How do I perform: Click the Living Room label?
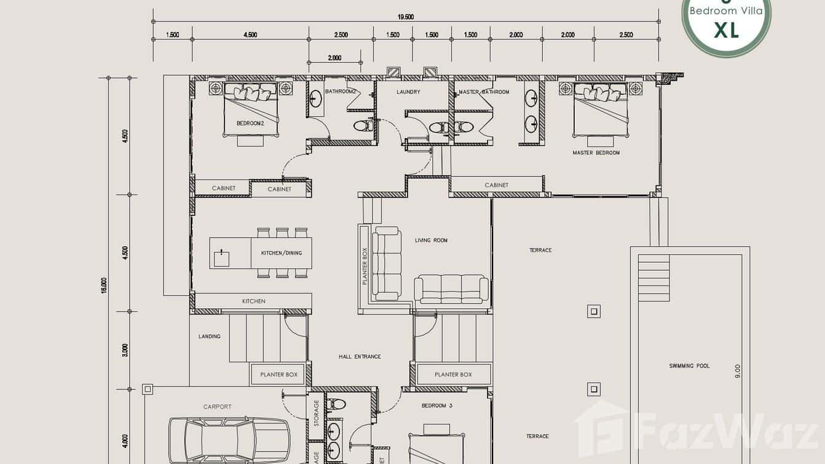(x=431, y=240)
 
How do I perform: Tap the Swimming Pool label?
(x=689, y=366)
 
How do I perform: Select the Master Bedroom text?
(x=596, y=153)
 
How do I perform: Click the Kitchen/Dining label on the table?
(x=282, y=253)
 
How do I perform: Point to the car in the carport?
(x=229, y=439)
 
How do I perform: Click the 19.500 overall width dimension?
(x=405, y=17)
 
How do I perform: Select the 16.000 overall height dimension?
(x=104, y=284)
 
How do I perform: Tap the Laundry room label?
(x=408, y=92)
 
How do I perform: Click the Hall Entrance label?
(x=360, y=356)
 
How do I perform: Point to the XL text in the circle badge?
(x=726, y=30)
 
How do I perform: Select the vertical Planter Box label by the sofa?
(x=365, y=266)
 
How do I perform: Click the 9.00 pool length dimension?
(x=738, y=371)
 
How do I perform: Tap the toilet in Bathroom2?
(x=362, y=126)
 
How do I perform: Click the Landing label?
(x=209, y=337)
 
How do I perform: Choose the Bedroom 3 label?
(x=437, y=406)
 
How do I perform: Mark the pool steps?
(x=653, y=278)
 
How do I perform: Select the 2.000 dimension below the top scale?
(x=334, y=58)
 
